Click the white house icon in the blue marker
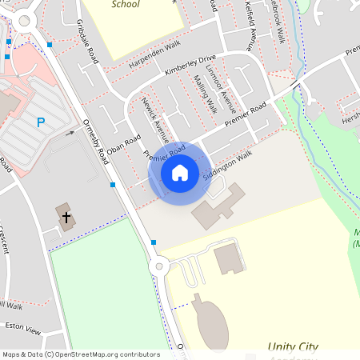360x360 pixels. click(x=179, y=173)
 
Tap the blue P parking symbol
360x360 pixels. click(x=41, y=122)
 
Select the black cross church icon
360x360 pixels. click(x=66, y=217)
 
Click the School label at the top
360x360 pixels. click(x=125, y=5)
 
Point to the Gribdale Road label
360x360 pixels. click(x=87, y=42)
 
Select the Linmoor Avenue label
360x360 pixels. click(x=226, y=90)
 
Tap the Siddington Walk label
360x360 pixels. click(x=227, y=163)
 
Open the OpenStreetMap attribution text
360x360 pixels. click(x=80, y=354)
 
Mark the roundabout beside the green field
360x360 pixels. click(x=158, y=266)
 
